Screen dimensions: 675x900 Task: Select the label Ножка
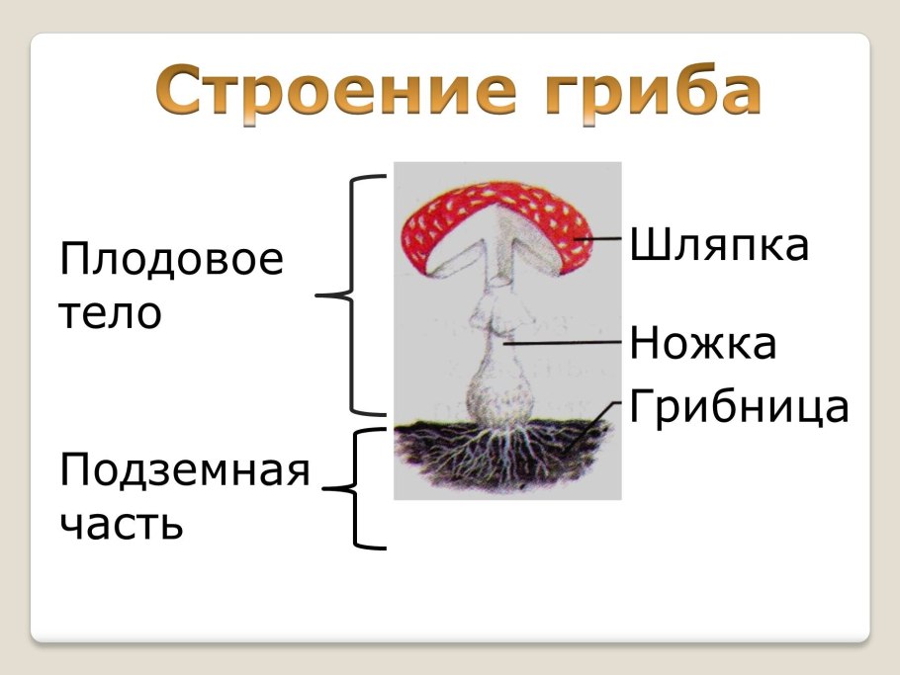tap(702, 344)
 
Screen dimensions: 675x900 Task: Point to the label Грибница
tap(738, 406)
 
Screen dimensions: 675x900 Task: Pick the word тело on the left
tap(110, 314)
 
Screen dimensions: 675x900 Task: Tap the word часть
tap(122, 523)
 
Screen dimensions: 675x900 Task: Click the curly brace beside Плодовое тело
tap(350, 295)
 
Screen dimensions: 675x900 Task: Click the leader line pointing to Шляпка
tap(598, 238)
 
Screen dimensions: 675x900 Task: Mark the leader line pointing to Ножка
tap(564, 342)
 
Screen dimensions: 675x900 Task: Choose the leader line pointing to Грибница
tap(593, 425)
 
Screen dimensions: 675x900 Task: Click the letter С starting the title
tap(179, 92)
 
